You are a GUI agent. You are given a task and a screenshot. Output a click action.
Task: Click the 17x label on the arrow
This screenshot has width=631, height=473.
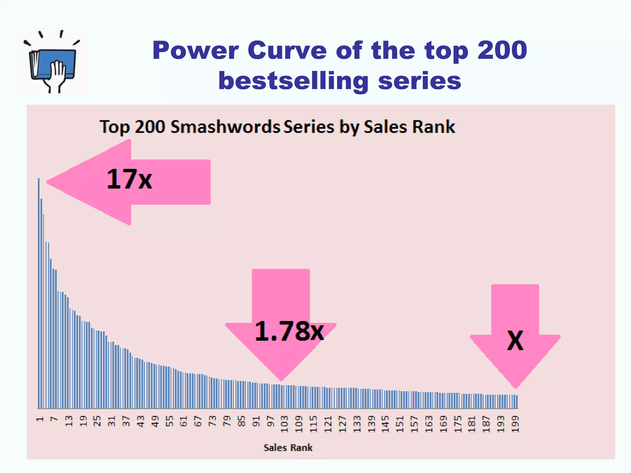coord(129,179)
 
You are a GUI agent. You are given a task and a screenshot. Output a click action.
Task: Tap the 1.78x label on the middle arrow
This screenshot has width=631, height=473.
coord(289,331)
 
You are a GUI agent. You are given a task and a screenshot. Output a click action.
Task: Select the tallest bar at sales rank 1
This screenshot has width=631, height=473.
coord(39,293)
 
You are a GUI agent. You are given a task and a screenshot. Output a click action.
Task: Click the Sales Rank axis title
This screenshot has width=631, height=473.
coord(288,447)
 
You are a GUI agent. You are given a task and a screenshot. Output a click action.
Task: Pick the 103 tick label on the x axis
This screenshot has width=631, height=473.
coord(284,424)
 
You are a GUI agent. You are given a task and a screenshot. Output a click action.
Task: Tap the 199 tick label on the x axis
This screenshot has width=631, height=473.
coord(515,424)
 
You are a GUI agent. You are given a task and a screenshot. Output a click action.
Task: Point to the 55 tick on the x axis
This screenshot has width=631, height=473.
coord(169,421)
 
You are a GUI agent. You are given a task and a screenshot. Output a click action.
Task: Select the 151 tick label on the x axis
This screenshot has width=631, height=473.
coord(400,424)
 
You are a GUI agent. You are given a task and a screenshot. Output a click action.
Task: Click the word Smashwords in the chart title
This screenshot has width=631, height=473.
coord(225,127)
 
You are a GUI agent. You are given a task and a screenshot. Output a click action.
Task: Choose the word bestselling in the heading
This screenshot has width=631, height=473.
coord(293,81)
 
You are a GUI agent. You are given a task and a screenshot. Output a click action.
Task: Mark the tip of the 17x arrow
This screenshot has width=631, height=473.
coord(48,182)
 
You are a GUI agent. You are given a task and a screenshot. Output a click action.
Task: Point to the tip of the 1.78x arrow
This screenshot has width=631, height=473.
coord(281,380)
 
